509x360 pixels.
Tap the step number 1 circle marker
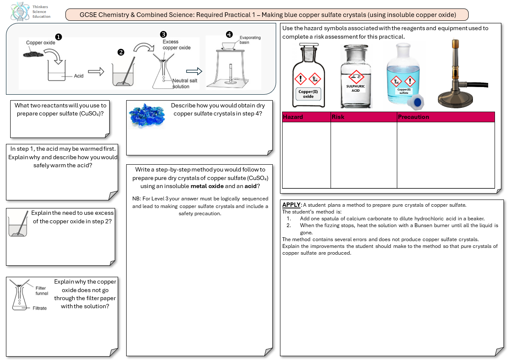click(x=59, y=37)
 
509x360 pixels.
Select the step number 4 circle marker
click(x=229, y=34)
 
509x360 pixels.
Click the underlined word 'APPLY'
click(x=291, y=205)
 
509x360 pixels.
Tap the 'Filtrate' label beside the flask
click(x=40, y=308)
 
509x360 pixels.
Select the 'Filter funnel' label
click(x=42, y=291)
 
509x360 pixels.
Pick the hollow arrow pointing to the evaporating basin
click(x=194, y=71)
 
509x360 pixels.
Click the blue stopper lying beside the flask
click(x=417, y=102)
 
